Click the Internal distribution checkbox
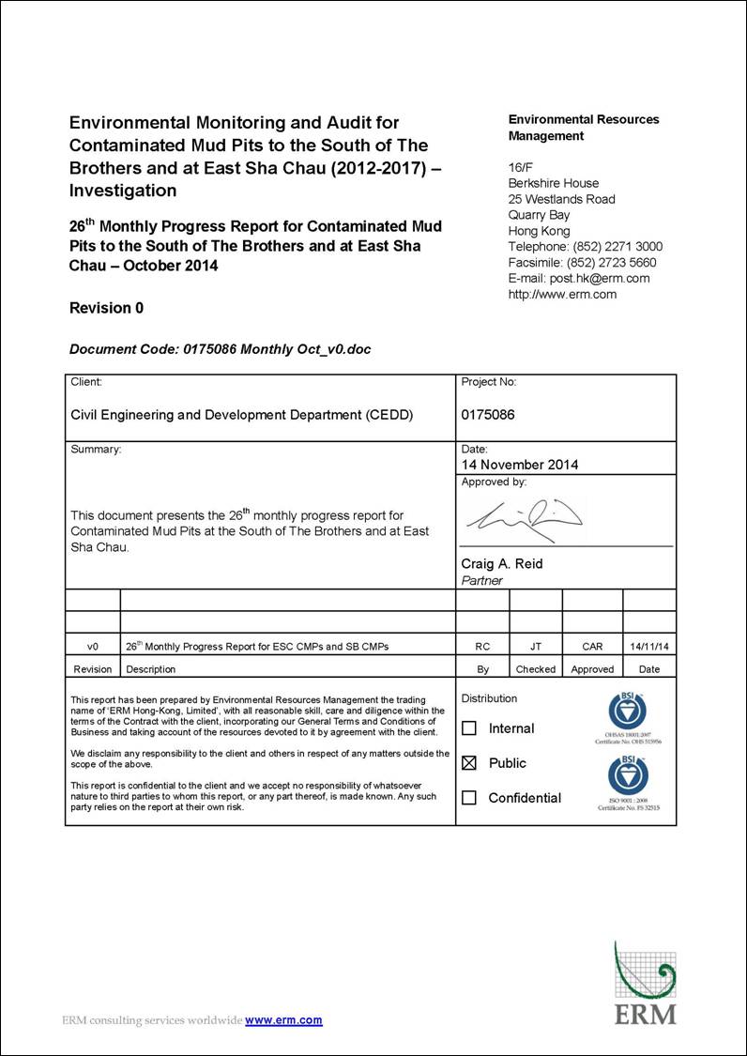[x=470, y=728]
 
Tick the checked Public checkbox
[x=470, y=763]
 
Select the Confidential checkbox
[x=470, y=798]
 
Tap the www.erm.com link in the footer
[x=283, y=1020]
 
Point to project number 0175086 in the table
[x=488, y=414]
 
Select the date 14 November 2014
[x=520, y=465]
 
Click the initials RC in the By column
[x=482, y=646]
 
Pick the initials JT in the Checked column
[x=536, y=646]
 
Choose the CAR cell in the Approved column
[x=592, y=646]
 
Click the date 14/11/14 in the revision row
[x=649, y=646]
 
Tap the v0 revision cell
[x=93, y=646]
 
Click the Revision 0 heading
[x=106, y=308]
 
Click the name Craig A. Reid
[x=502, y=564]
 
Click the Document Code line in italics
[x=220, y=349]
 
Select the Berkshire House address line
[x=554, y=183]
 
